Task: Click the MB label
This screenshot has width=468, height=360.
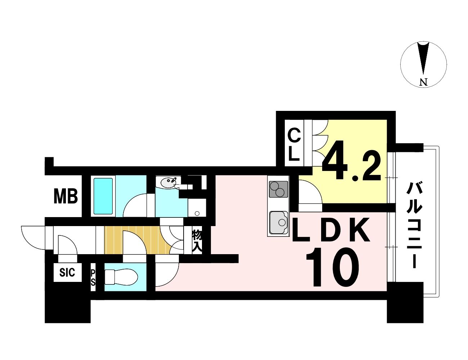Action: pyautogui.click(x=66, y=197)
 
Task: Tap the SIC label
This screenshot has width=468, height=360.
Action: pyautogui.click(x=67, y=273)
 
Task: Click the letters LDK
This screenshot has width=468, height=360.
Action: pyautogui.click(x=330, y=230)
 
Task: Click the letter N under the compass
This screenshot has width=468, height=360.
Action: pyautogui.click(x=424, y=82)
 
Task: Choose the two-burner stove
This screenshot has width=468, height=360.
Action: pyautogui.click(x=278, y=189)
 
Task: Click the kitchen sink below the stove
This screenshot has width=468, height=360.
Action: pyautogui.click(x=278, y=222)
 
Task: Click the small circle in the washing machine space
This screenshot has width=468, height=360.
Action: pyautogui.click(x=197, y=213)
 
